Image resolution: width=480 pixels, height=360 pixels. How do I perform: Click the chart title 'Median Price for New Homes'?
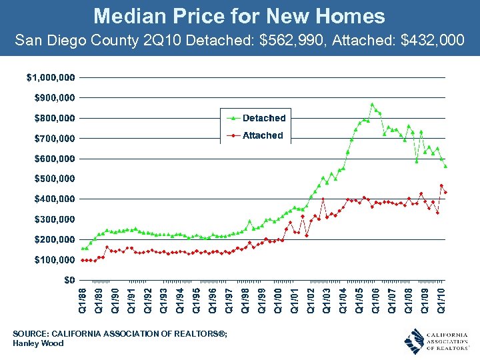pos(239,16)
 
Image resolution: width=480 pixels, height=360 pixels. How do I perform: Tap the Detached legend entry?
pos(264,118)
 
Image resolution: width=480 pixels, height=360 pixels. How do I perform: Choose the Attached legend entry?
pos(263,135)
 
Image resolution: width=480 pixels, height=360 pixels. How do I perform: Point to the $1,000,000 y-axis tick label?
pos(51,77)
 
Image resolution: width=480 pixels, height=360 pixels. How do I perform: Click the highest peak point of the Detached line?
pos(372,104)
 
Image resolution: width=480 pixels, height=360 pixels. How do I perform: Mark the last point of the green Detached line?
pos(445,166)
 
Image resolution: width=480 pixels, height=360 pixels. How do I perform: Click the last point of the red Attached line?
pos(445,193)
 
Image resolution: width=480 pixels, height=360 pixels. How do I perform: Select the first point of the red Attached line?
pos(82,260)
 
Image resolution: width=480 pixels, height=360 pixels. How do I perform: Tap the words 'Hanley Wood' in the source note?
pos(38,343)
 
